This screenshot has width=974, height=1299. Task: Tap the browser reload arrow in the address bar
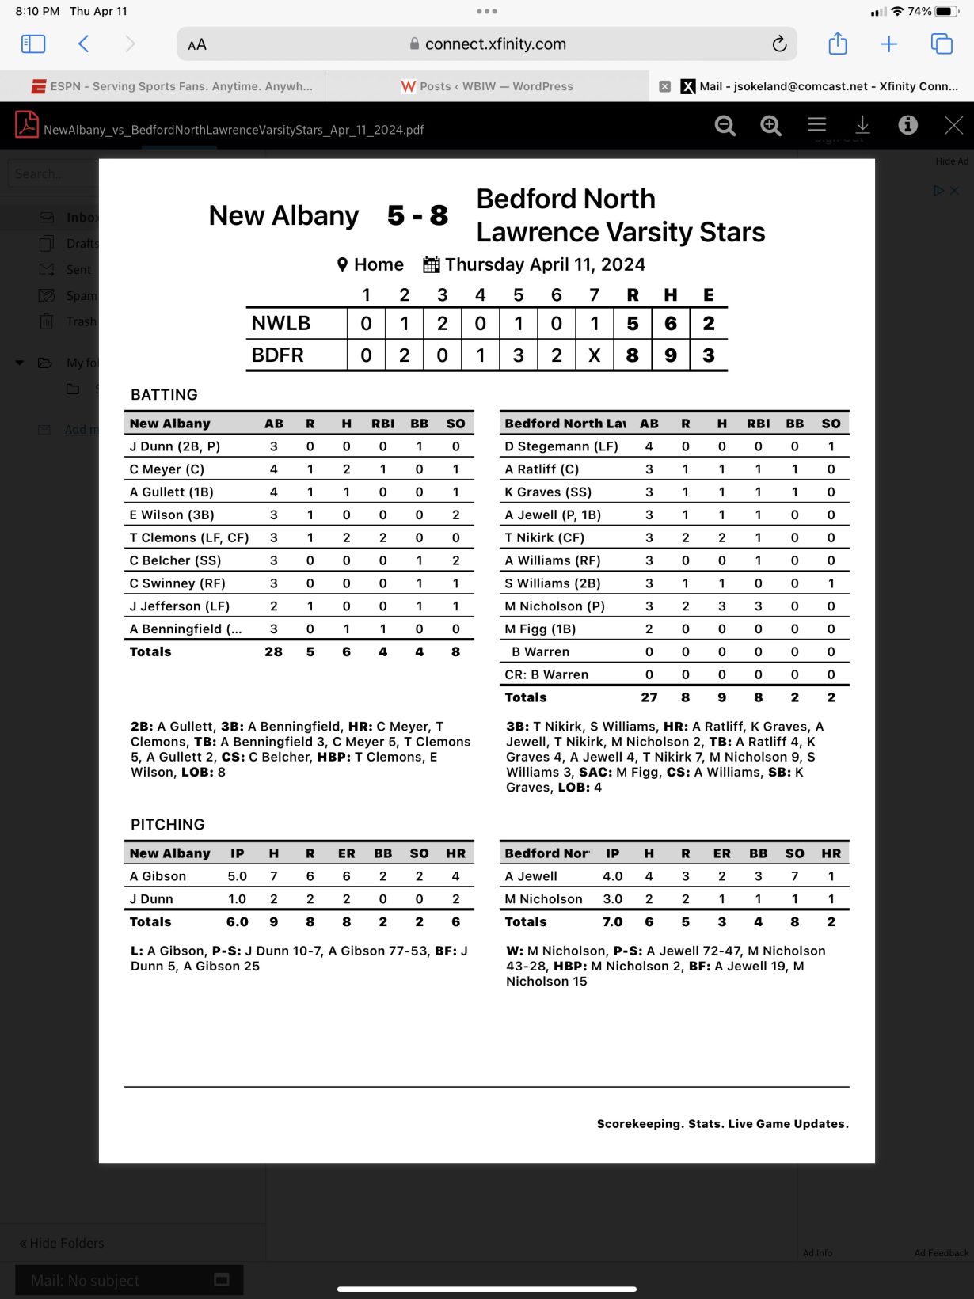[x=779, y=44]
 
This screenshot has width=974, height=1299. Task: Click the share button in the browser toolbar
[x=837, y=44]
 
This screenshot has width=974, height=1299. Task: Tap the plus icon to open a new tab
[x=889, y=44]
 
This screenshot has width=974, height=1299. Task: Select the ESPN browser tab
[x=172, y=86]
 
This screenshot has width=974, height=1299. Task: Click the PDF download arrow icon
[x=862, y=125]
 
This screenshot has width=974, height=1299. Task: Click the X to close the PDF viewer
[x=953, y=125]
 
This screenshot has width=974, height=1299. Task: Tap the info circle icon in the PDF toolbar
[x=907, y=125]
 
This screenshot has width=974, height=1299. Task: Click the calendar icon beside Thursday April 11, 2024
[x=431, y=264]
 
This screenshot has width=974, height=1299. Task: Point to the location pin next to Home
[x=342, y=264]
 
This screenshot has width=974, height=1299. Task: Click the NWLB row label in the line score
[x=281, y=323]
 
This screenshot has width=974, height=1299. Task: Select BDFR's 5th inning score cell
[x=518, y=355]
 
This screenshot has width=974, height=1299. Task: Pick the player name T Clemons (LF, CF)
[x=189, y=537]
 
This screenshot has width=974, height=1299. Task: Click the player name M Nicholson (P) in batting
[x=554, y=606]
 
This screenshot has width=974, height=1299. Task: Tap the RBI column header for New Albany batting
[x=382, y=424]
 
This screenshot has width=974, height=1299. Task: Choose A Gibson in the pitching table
[x=158, y=876]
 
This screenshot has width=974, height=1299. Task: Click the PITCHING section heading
[x=168, y=824]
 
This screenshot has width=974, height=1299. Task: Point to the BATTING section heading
[x=164, y=394]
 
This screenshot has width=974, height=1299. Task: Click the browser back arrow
[x=84, y=44]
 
